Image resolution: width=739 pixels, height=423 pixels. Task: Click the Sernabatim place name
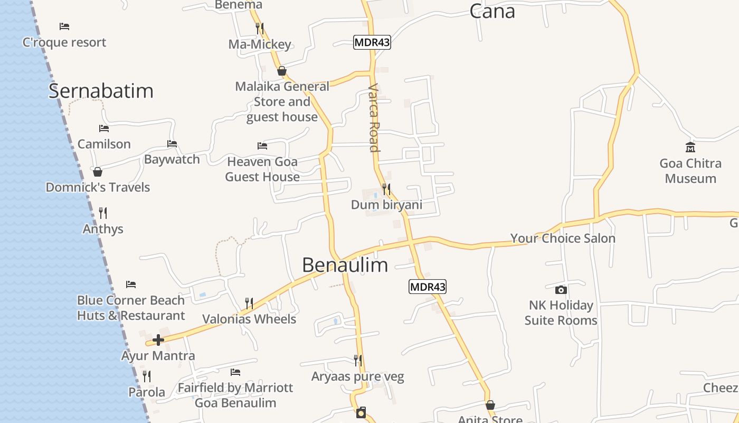(x=101, y=91)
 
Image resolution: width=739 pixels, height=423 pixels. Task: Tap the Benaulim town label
(x=345, y=265)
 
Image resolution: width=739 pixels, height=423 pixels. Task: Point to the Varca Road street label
(x=374, y=118)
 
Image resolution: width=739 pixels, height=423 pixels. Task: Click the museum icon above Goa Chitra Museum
(x=690, y=147)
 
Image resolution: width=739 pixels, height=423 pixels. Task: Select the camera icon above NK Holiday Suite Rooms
(x=561, y=290)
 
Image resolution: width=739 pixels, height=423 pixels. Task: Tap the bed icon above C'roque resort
(x=64, y=26)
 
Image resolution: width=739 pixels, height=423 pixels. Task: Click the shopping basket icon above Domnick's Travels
(x=97, y=172)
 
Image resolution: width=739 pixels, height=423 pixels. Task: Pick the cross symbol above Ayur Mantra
(x=158, y=340)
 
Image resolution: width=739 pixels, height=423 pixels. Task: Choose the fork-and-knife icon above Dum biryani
(x=386, y=189)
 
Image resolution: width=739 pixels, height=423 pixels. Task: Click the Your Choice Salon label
(x=563, y=238)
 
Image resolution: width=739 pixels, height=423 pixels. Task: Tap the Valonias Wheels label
(x=249, y=319)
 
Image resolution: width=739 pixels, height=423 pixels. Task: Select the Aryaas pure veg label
(x=357, y=377)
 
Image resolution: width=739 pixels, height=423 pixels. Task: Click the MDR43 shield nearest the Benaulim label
(x=428, y=287)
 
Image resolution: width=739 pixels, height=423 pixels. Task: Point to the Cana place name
(x=492, y=11)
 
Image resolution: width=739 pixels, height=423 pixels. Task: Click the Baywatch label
(x=172, y=159)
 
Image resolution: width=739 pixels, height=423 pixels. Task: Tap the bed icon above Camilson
(x=103, y=128)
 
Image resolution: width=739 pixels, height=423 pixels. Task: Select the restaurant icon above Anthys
(x=103, y=213)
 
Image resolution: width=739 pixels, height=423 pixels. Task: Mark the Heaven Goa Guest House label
(x=262, y=169)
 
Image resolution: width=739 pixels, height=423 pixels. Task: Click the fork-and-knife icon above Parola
(x=147, y=376)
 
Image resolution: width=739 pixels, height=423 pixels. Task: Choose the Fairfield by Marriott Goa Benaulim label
(x=235, y=395)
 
